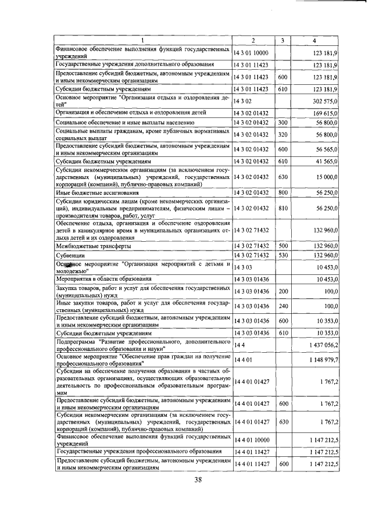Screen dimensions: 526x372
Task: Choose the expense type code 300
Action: [283, 123]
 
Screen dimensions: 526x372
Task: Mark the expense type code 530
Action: [283, 256]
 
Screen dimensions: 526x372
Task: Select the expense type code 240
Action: [283, 305]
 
